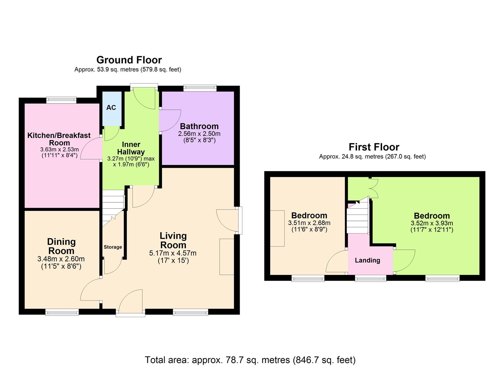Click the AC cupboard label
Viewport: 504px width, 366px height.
111,107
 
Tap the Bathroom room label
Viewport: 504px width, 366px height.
199,126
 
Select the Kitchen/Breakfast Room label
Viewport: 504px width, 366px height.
59,139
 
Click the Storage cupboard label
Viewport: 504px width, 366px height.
113,247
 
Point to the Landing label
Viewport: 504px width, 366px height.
367,260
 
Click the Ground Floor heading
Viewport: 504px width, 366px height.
129,60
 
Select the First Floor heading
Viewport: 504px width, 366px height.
374,147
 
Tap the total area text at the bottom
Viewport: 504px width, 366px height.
250,360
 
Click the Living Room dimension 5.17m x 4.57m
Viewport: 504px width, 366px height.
173,253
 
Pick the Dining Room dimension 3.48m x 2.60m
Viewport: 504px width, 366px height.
61,259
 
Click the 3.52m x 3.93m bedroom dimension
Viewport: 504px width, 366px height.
432,223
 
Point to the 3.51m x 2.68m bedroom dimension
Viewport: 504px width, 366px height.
309,223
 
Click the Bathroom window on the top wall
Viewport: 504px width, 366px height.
200,88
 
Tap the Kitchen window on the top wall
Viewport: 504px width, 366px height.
61,100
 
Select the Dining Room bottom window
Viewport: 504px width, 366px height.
62,312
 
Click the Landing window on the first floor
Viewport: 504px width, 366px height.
370,279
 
